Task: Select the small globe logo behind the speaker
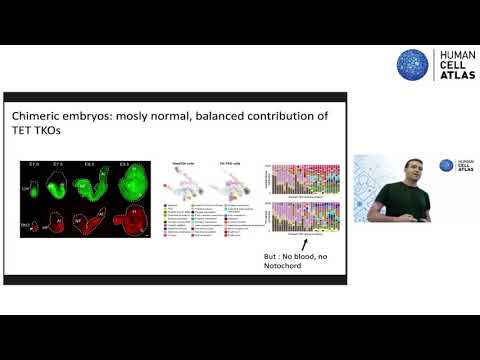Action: click(446, 166)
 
